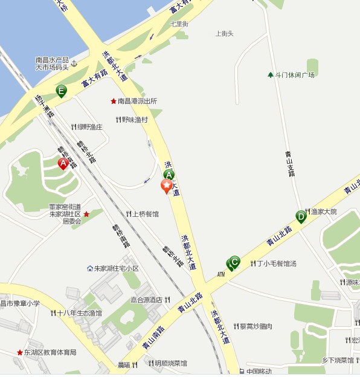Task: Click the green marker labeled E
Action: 61,91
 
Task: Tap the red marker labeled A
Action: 63,163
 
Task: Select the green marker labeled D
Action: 301,216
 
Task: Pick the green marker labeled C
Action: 235,262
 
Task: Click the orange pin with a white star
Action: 166,186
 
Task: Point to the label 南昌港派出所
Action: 137,101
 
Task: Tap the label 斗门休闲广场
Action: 295,75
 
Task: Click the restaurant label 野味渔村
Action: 135,120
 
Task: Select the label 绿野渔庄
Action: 89,127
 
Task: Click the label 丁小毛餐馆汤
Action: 277,263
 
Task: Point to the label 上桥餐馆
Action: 146,214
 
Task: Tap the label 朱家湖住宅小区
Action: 117,268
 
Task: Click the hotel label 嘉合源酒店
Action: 147,300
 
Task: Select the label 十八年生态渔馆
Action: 79,313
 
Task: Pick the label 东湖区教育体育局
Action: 50,352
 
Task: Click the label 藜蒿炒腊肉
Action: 256,326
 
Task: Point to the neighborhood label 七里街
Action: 179,24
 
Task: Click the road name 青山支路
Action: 291,164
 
